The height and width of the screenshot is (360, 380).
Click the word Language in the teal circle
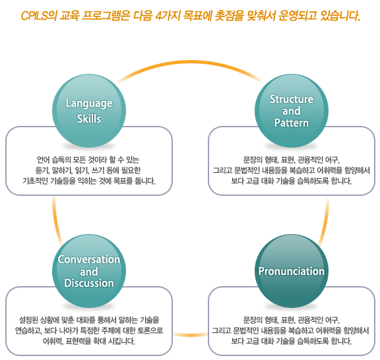89,104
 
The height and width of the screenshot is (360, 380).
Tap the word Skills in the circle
89,119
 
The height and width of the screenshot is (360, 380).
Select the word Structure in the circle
292,100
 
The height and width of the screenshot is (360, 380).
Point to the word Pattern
292,123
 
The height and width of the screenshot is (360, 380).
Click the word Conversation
89,260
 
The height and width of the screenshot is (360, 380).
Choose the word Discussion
89,283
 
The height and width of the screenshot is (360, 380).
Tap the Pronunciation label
292,271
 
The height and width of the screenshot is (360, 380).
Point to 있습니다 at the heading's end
340,16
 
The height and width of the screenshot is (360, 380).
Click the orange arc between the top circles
190,62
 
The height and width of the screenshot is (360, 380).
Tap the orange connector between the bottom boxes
191,334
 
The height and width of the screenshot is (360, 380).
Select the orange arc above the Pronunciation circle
325,220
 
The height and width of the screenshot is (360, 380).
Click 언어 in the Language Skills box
44,160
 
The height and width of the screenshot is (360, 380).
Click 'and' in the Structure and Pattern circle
292,111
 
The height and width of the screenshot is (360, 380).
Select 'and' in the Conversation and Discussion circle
89,272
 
